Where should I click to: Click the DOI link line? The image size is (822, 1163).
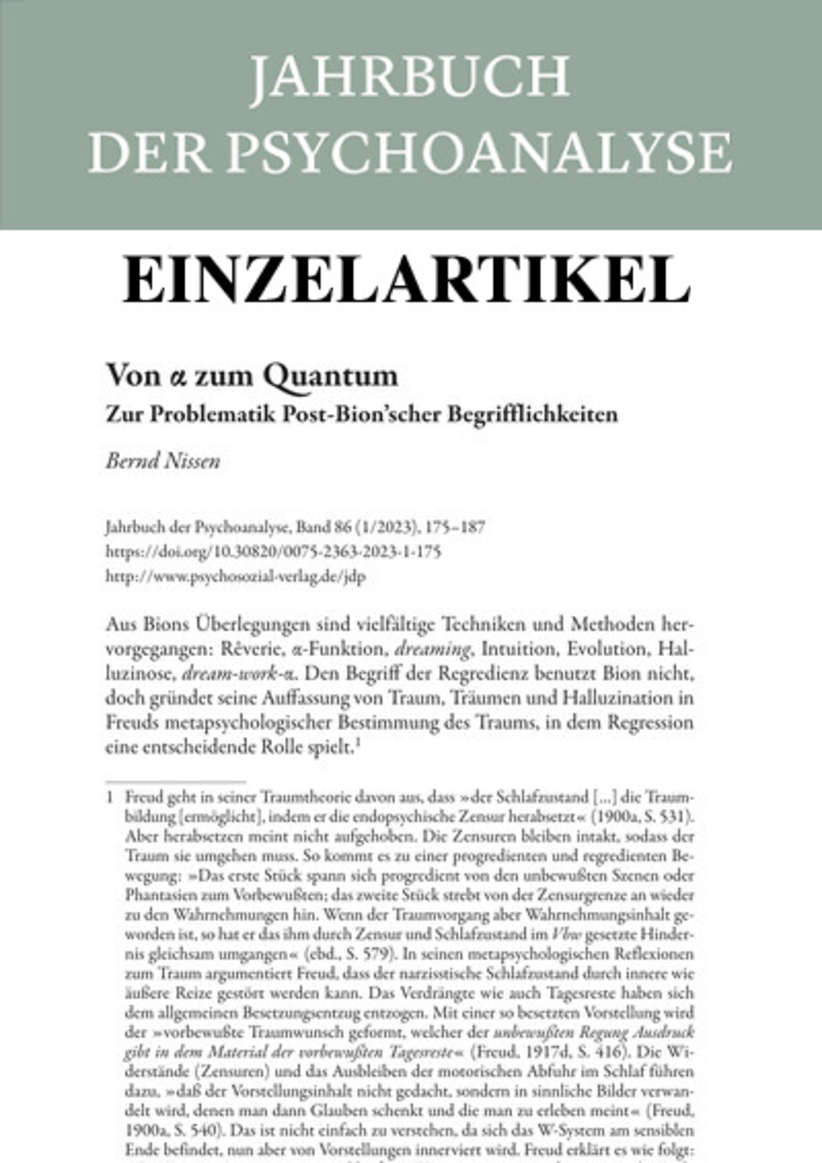273,552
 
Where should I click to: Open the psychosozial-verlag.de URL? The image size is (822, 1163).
236,577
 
